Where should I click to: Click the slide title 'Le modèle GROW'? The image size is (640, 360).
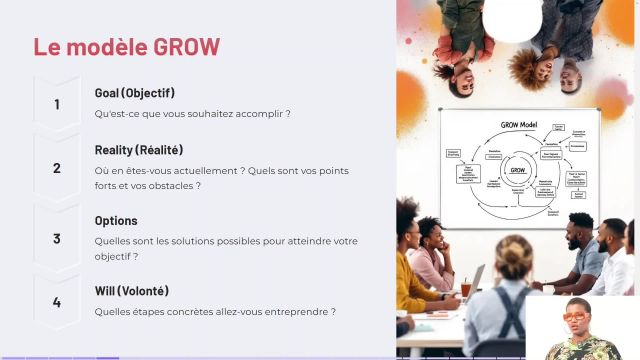point(126,47)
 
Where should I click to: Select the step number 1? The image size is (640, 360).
point(57,104)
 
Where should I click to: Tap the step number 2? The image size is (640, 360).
point(57,168)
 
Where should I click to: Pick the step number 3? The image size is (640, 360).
point(57,239)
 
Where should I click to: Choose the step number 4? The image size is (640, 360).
point(57,302)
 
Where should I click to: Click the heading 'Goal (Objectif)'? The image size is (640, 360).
point(134,93)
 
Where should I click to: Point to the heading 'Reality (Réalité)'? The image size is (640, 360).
point(138,150)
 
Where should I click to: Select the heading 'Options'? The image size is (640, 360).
point(116,220)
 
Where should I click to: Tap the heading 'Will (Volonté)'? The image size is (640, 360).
point(131,291)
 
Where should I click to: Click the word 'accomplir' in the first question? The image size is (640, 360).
point(262,114)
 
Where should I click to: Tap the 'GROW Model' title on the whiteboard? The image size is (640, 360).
point(519,126)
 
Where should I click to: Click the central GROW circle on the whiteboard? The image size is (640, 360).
point(517,171)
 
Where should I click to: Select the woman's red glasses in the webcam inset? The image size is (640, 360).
point(576,317)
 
